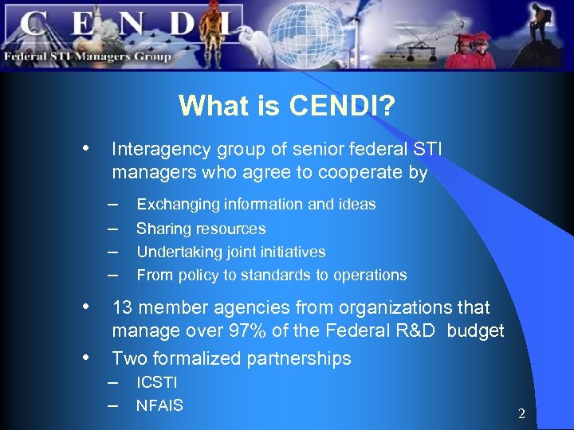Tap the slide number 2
(521, 414)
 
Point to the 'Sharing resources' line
(201, 229)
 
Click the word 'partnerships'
(299, 359)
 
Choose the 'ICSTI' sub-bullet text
(157, 383)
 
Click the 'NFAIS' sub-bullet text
(159, 406)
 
